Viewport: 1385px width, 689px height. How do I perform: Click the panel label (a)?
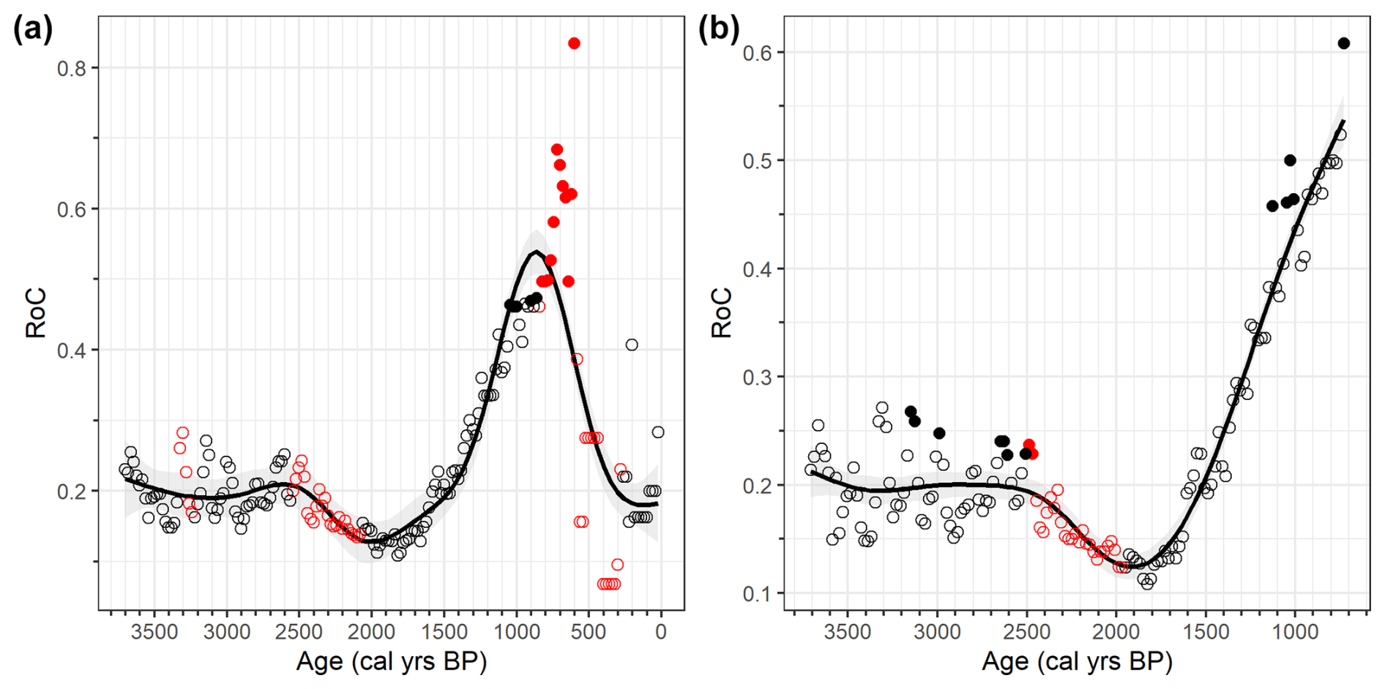pos(33,30)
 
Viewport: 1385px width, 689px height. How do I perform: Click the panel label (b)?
pos(718,30)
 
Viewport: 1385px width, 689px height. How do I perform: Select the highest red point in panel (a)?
pos(574,43)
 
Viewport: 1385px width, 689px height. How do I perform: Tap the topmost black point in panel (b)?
pos(1343,43)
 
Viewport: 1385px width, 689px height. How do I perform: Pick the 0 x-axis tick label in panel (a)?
pos(661,631)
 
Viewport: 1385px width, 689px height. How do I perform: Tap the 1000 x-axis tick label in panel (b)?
pos(1294,631)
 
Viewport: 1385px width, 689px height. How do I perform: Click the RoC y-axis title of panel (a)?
pos(35,313)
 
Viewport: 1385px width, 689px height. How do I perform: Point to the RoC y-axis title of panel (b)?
pos(721,313)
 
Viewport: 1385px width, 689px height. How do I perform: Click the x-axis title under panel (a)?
pos(392,662)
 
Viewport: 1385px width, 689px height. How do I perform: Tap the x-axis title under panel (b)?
pos(1077,662)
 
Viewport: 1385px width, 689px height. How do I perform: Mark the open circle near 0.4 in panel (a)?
pos(631,344)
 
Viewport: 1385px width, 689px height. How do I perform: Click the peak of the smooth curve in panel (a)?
pos(537,252)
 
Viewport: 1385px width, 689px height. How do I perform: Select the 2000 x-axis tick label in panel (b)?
pos(1116,631)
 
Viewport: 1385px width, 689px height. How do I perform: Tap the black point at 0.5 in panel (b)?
pos(1290,160)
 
